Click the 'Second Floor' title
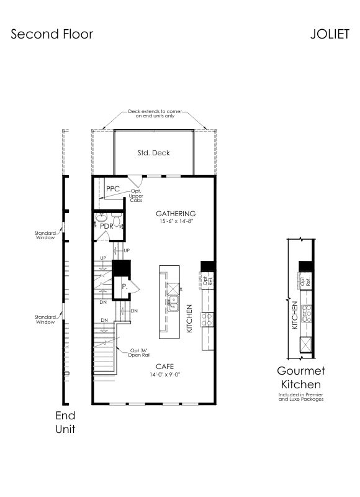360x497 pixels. point(52,34)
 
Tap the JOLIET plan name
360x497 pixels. point(330,34)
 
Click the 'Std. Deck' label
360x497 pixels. point(153,153)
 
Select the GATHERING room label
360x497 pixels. point(176,214)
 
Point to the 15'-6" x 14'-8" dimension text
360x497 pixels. point(176,222)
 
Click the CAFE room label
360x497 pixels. point(164,367)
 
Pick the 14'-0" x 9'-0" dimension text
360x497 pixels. point(165,375)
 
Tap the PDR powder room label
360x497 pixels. point(106,226)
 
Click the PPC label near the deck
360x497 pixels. point(113,189)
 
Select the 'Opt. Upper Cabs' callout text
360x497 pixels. point(136,196)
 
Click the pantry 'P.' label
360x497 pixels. point(124,287)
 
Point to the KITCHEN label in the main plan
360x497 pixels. point(189,319)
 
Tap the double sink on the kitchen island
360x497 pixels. point(173,303)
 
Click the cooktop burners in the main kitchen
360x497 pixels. point(207,320)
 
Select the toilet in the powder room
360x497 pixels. point(117,219)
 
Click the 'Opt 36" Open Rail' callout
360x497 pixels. point(139,353)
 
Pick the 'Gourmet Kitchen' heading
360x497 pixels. point(301,378)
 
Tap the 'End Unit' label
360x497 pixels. point(65,422)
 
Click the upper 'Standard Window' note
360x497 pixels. point(45,235)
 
